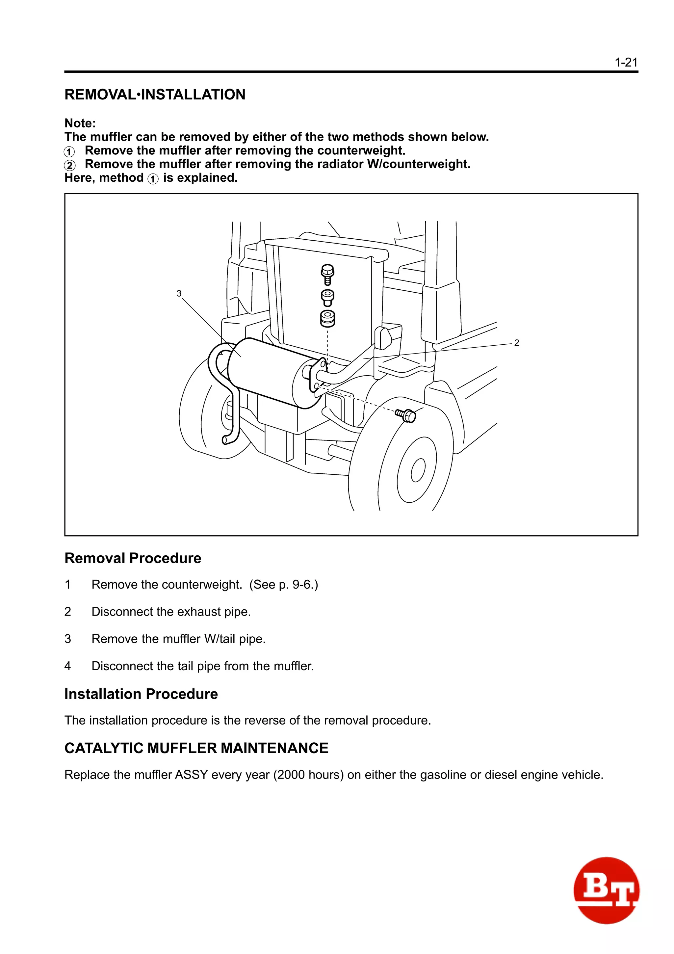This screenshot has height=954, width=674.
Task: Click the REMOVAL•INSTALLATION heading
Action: [x=155, y=95]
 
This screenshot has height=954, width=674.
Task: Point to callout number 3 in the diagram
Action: [x=179, y=293]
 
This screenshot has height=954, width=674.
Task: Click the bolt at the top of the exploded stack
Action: [x=328, y=273]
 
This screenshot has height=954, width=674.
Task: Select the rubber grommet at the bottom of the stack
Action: [x=328, y=318]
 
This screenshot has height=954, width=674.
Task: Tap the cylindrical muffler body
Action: [x=266, y=372]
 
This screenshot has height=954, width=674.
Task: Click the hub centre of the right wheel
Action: [x=418, y=470]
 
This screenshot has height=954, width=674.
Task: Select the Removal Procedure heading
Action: [x=133, y=558]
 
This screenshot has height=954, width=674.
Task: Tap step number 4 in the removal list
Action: [x=68, y=666]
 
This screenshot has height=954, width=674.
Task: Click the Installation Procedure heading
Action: [x=141, y=694]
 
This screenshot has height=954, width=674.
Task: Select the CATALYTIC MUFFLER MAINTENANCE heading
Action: [x=196, y=748]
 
